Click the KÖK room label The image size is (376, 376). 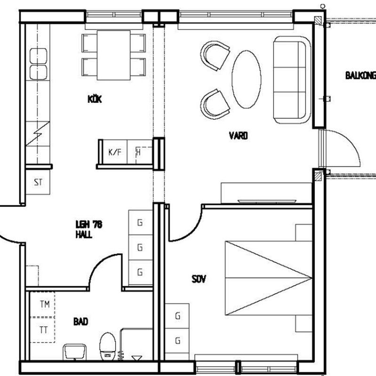click(x=95, y=99)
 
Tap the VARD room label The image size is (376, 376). click(x=238, y=136)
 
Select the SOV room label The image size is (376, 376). click(x=199, y=279)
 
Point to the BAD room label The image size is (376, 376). click(x=81, y=321)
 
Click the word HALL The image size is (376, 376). click(x=84, y=234)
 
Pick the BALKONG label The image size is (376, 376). click(x=360, y=76)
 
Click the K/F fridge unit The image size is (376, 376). click(x=115, y=152)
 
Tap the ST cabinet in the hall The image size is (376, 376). click(x=38, y=182)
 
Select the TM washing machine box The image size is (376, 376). click(x=42, y=304)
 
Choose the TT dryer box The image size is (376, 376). click(x=42, y=330)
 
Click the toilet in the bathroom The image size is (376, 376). click(x=108, y=346)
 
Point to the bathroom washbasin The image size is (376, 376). click(x=75, y=352)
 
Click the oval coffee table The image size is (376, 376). click(x=246, y=79)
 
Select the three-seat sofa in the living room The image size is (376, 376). click(x=292, y=80)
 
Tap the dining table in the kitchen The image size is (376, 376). click(x=114, y=55)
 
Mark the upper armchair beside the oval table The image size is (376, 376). click(x=215, y=55)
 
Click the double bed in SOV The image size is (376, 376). click(x=268, y=278)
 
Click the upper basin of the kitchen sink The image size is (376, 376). click(x=39, y=56)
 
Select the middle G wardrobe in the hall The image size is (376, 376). click(x=141, y=247)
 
